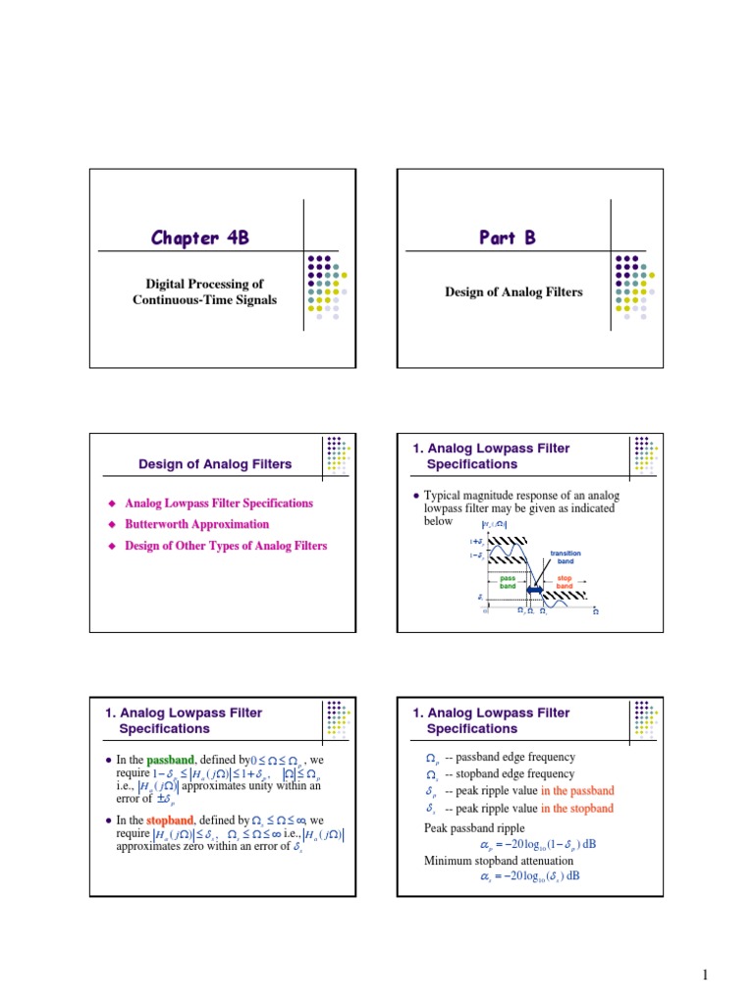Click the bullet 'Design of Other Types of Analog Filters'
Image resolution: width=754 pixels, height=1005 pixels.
pos(226,546)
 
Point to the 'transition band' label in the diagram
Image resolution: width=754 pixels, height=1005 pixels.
pos(566,557)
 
